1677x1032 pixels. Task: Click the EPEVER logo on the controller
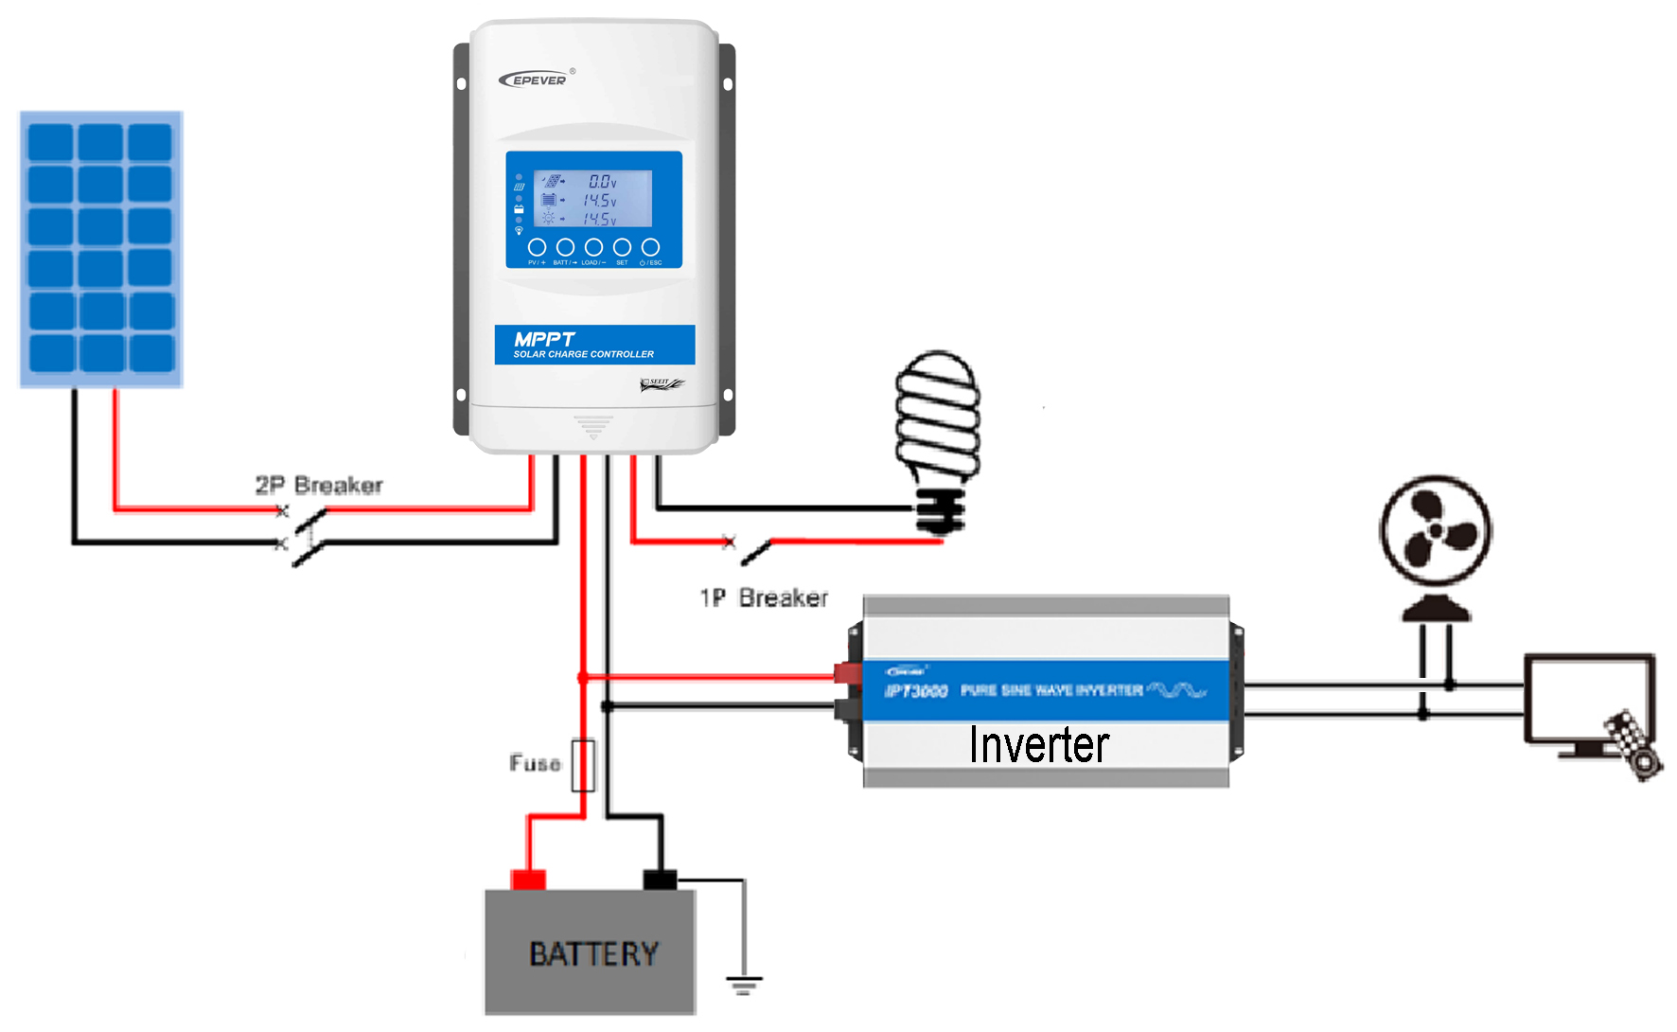(x=536, y=80)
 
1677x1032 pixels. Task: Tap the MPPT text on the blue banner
(x=544, y=339)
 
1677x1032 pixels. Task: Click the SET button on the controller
(x=622, y=248)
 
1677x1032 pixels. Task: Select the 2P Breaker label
(x=319, y=486)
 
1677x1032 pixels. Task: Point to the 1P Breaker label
(x=764, y=598)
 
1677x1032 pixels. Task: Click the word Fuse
(x=535, y=763)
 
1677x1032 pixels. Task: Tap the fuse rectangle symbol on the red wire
(x=583, y=765)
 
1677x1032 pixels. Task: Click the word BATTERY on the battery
(x=593, y=953)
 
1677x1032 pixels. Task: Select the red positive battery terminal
(x=528, y=880)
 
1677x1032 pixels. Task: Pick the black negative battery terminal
(x=660, y=880)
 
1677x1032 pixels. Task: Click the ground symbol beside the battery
(x=744, y=985)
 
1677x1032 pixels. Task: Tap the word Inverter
(x=1038, y=745)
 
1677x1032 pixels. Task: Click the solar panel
(x=101, y=249)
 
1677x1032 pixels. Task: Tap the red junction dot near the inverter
(x=583, y=677)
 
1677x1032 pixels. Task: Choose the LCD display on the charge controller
(x=593, y=199)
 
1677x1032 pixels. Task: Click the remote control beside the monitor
(x=1633, y=745)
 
